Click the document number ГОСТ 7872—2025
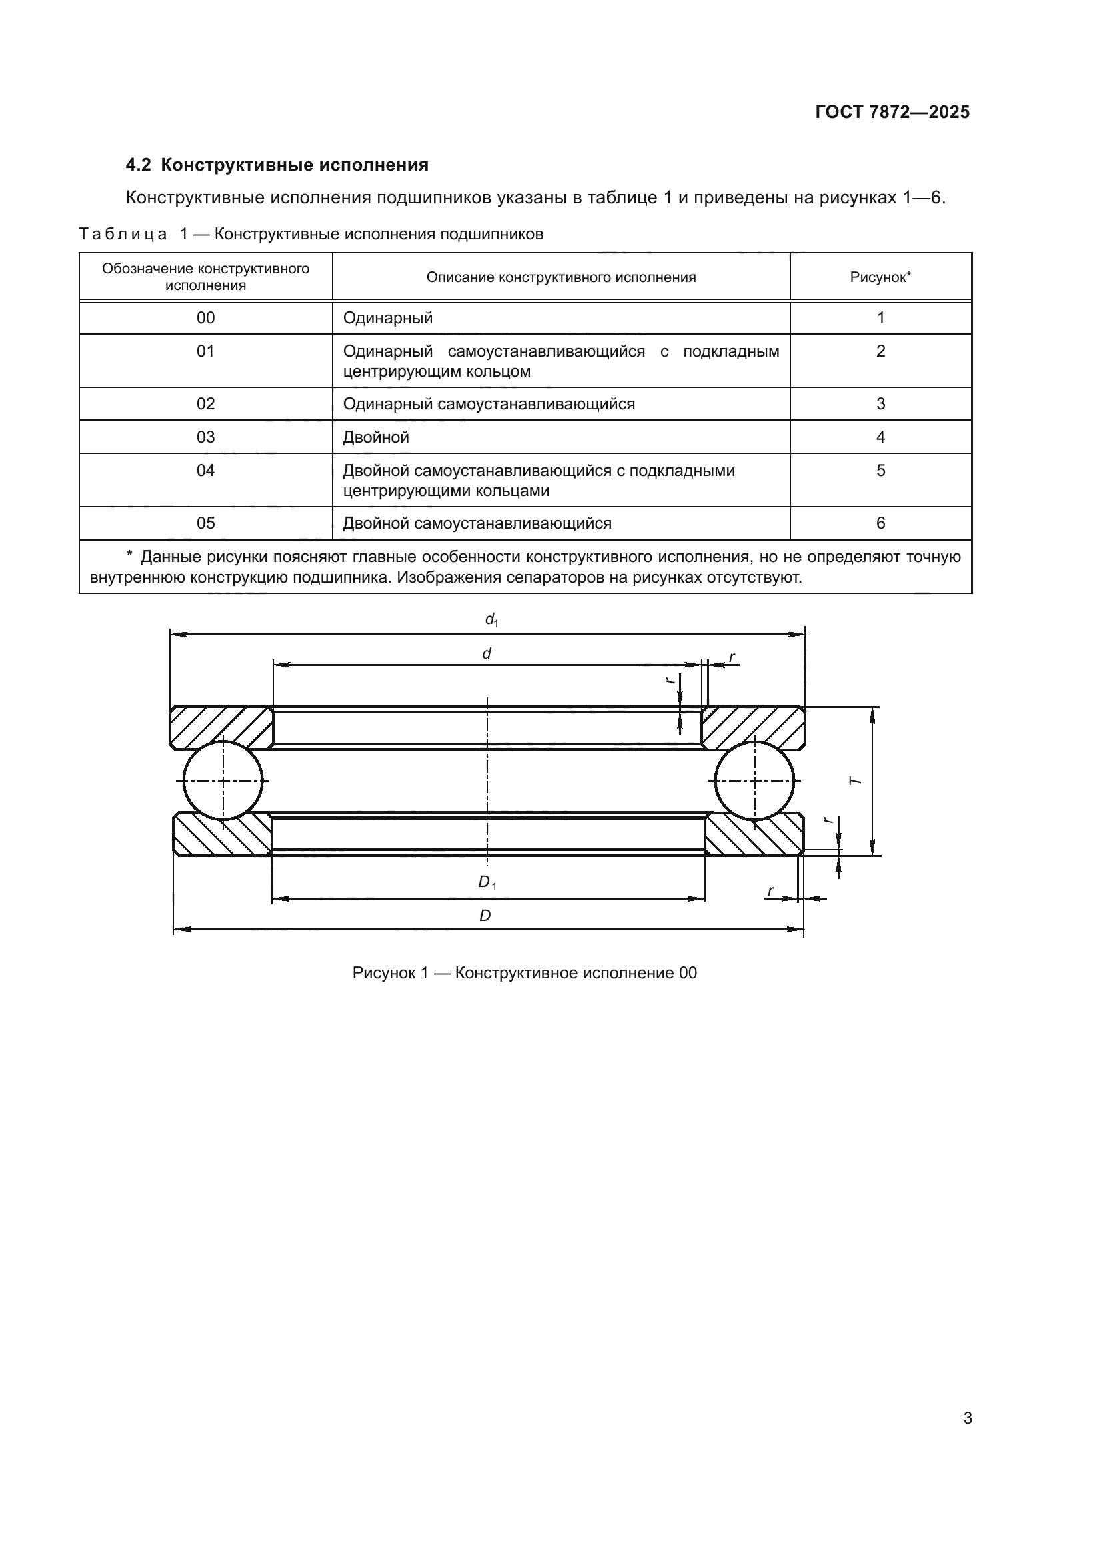(892, 113)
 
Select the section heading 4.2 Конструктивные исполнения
(277, 165)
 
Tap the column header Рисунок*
(880, 277)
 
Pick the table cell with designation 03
(205, 437)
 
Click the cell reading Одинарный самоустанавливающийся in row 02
(489, 404)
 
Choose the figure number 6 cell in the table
(880, 523)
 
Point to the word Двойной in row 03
(376, 437)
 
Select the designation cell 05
(205, 523)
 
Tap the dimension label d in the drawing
(486, 654)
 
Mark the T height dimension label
(856, 781)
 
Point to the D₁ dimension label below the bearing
(487, 882)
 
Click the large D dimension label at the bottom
(485, 916)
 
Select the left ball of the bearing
(223, 781)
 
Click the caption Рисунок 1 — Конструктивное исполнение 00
(524, 973)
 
